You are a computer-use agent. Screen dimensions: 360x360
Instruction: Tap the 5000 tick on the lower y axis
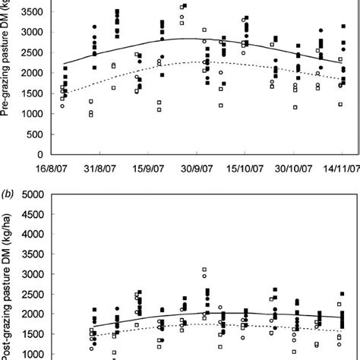click(31, 194)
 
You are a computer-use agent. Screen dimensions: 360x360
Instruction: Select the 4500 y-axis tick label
click(31, 214)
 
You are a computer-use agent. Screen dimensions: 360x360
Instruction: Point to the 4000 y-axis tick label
click(31, 234)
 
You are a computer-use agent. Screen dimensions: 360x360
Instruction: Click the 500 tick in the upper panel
click(34, 114)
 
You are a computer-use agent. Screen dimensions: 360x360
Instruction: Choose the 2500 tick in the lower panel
click(31, 294)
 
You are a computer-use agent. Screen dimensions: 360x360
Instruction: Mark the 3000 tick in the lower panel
click(31, 274)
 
